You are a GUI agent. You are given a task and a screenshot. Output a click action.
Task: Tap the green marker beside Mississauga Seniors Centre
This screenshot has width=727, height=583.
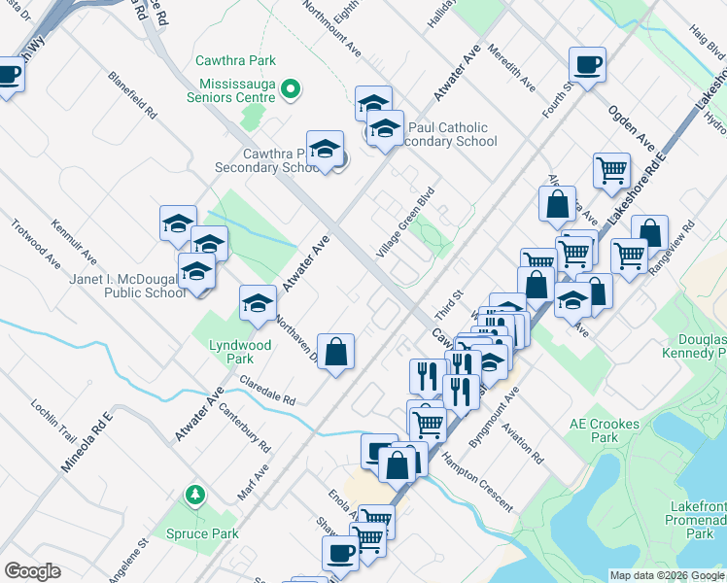click(289, 91)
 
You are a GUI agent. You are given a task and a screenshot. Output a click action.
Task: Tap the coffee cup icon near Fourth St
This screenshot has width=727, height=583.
click(587, 65)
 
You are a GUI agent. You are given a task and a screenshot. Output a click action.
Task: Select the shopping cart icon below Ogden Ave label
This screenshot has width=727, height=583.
click(611, 170)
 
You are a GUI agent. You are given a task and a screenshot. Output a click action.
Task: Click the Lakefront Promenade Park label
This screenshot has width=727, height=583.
click(698, 520)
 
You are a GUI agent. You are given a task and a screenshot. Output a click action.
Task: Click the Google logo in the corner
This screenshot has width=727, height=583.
click(32, 571)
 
